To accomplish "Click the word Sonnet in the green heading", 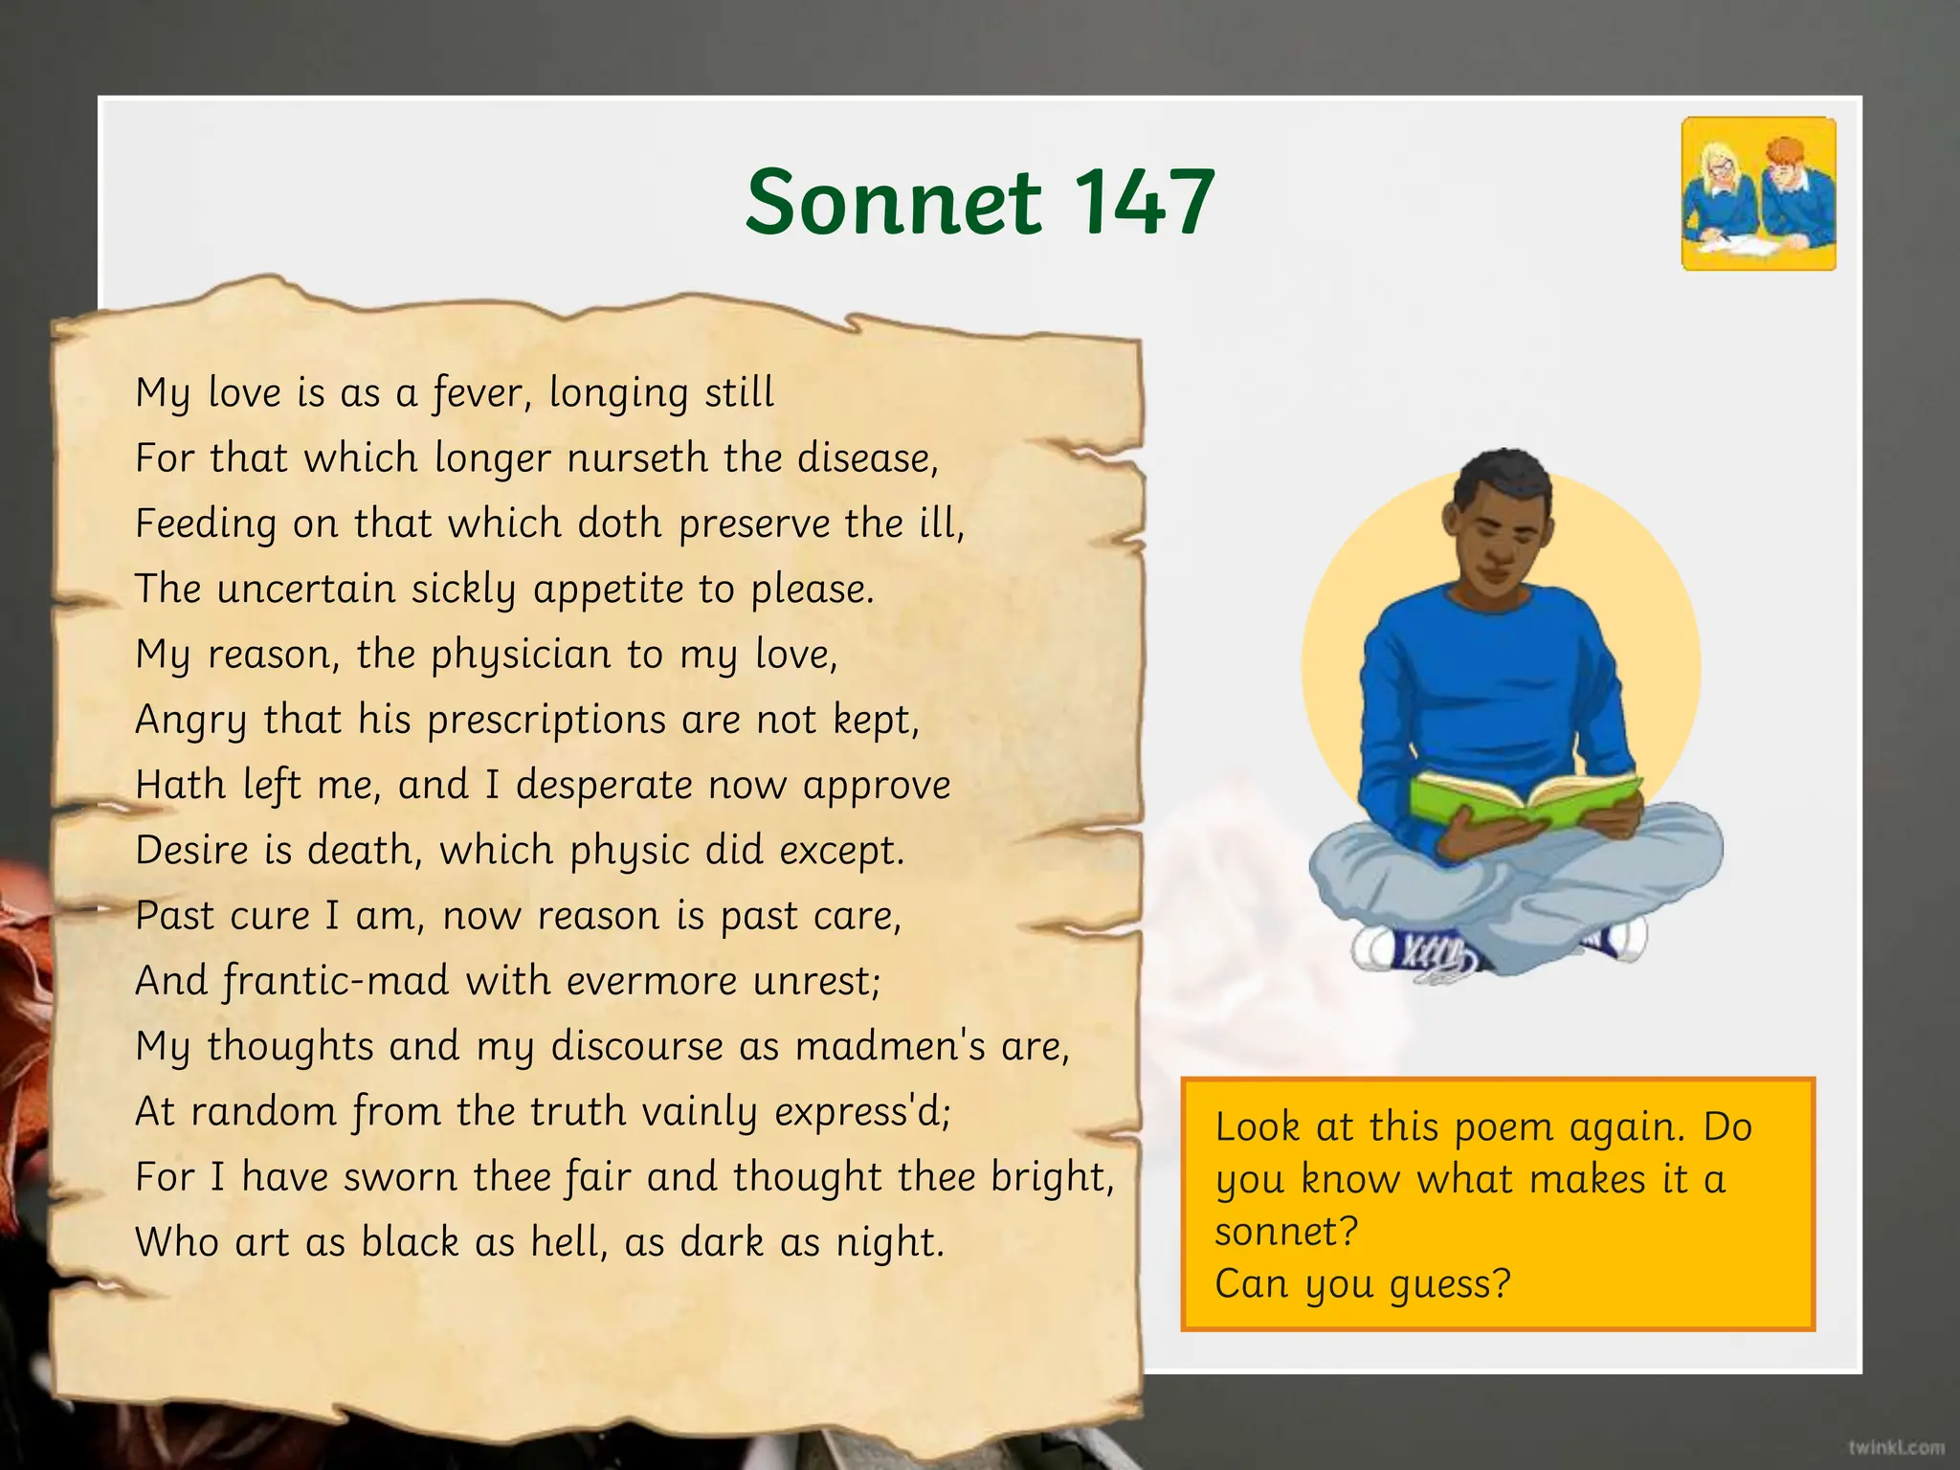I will tap(892, 202).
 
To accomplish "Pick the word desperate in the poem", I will tap(604, 786).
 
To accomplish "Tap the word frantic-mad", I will tap(336, 982).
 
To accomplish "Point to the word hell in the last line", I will tap(568, 1242).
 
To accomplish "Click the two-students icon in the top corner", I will tap(1759, 194).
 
